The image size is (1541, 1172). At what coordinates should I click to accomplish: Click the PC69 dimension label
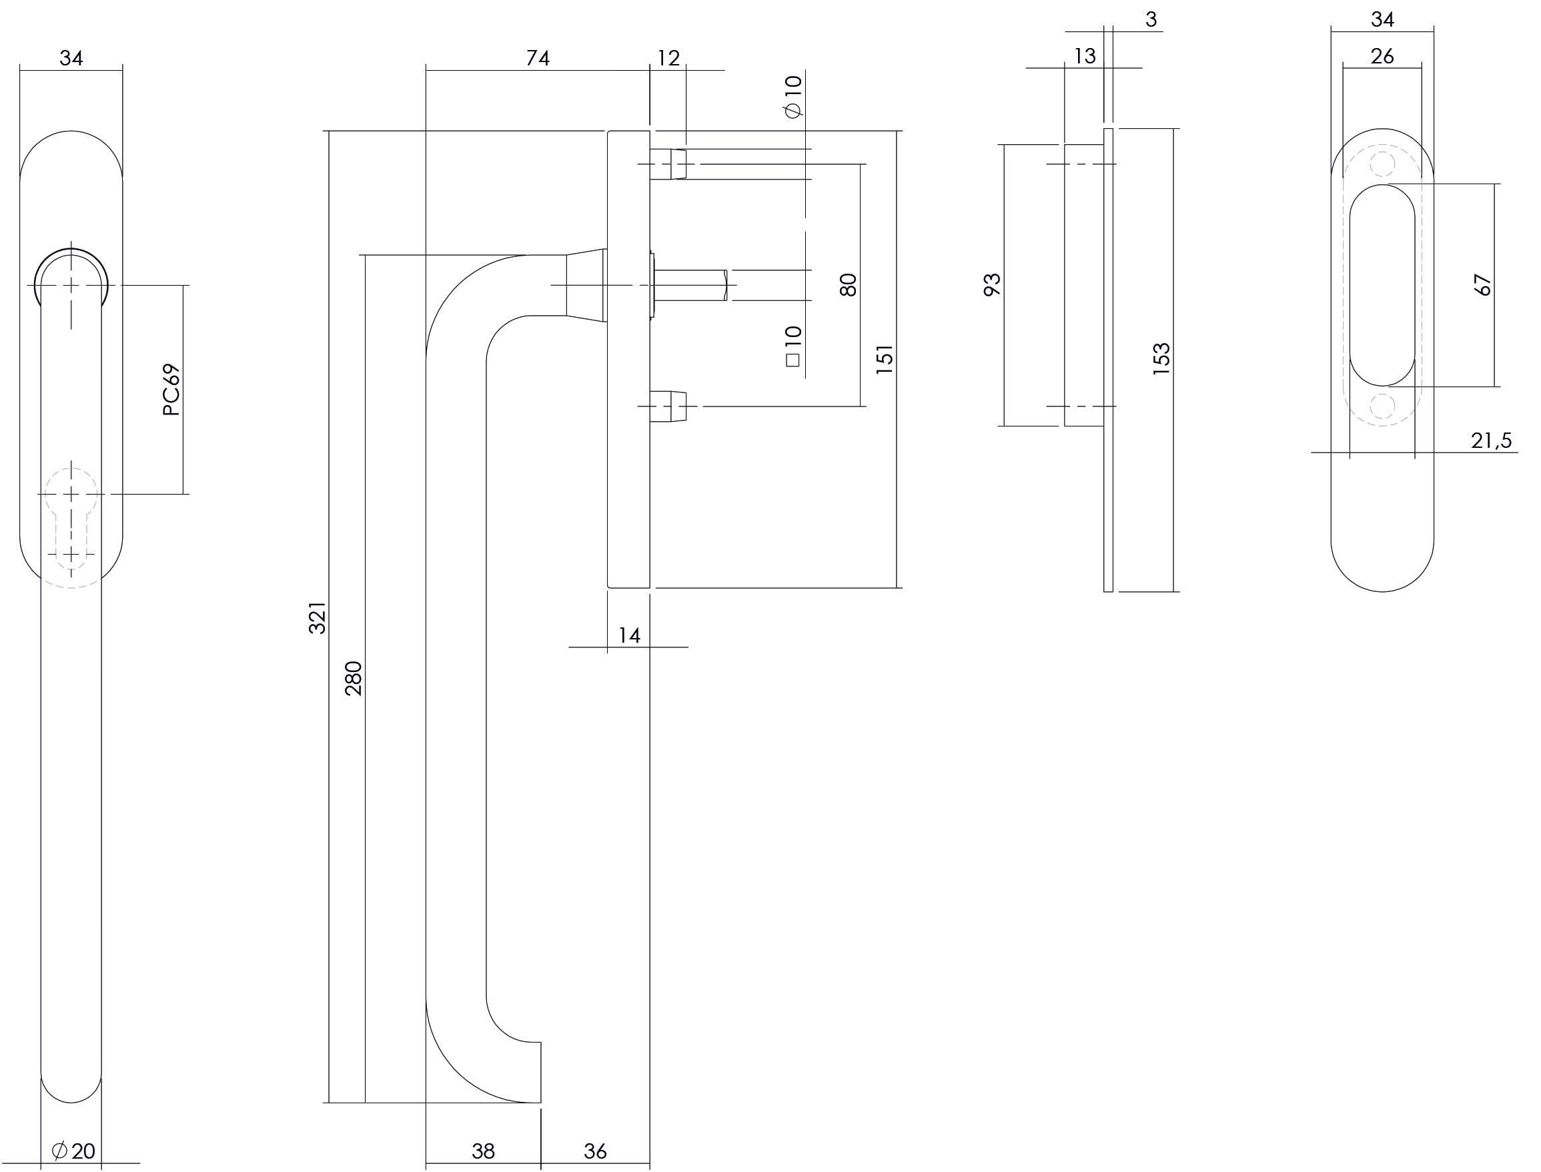tap(171, 390)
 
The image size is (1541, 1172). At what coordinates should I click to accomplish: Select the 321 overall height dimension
tap(318, 617)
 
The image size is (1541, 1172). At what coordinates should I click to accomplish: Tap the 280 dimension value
tap(354, 678)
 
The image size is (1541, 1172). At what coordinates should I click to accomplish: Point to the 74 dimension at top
tap(538, 58)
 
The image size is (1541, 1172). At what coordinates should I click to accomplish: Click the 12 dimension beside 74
tap(668, 58)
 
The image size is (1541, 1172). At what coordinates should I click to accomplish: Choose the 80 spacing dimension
tap(848, 284)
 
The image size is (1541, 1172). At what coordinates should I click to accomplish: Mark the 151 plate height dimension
tap(884, 359)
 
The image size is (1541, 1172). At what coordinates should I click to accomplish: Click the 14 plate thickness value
tap(629, 635)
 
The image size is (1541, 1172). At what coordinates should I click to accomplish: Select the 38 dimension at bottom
tap(482, 1151)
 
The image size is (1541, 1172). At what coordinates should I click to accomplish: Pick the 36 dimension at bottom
tap(595, 1151)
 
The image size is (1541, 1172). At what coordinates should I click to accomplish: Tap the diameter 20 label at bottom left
tap(74, 1151)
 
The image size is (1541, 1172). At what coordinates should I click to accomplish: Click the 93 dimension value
tap(992, 284)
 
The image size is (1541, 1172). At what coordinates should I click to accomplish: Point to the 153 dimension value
tap(1161, 359)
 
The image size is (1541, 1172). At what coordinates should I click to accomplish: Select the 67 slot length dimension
tap(1482, 284)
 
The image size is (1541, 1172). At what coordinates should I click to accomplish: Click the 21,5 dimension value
tap(1491, 441)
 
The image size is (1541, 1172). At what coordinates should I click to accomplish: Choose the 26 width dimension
tap(1382, 57)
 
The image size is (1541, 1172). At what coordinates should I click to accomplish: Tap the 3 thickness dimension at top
tap(1151, 19)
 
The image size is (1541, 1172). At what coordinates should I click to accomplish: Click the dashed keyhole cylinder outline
tap(71, 523)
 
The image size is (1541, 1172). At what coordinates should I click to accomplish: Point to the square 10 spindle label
tap(793, 346)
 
